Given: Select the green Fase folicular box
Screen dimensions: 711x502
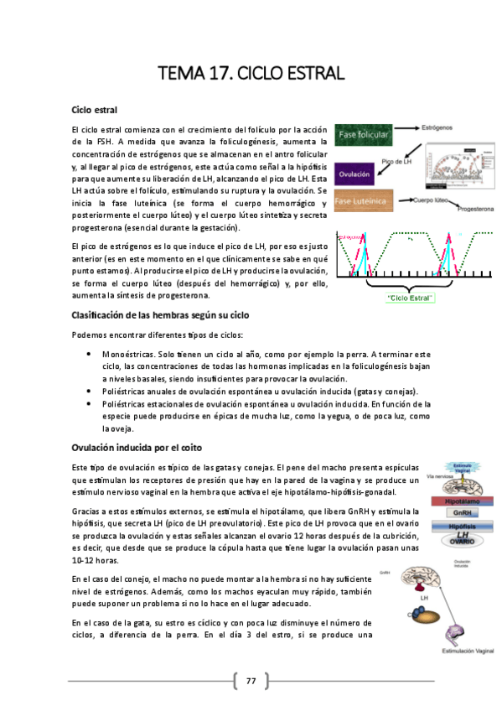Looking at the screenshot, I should (362, 134).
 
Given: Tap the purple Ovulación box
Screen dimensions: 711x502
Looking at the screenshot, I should (354, 174).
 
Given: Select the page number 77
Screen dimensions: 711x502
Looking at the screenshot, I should (251, 680).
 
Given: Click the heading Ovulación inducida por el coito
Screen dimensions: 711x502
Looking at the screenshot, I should (137, 447).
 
